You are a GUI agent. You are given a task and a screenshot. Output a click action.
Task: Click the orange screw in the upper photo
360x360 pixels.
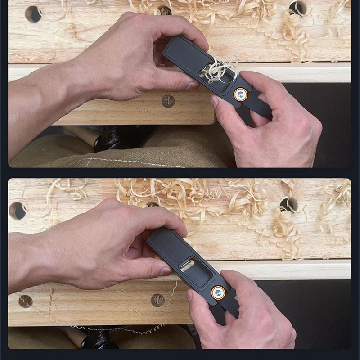click(x=240, y=94)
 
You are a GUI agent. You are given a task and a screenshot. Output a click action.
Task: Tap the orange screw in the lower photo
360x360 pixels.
click(x=218, y=292)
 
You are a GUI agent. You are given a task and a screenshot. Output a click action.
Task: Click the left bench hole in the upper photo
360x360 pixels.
click(x=33, y=14)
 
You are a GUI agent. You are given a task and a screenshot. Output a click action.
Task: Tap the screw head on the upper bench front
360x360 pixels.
click(x=168, y=101)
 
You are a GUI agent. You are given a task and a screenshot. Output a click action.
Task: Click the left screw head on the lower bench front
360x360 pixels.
click(x=25, y=301)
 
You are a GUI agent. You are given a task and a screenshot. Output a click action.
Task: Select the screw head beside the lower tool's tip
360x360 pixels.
click(x=157, y=300)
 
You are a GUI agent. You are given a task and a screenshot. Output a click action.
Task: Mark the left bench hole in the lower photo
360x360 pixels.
click(x=17, y=210)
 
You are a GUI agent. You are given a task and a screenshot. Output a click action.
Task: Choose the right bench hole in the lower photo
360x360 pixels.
click(x=288, y=204)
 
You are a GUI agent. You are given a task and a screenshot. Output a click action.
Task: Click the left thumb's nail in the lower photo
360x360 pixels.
click(x=166, y=271)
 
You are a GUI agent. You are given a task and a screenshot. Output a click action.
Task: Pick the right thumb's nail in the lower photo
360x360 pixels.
click(x=190, y=295)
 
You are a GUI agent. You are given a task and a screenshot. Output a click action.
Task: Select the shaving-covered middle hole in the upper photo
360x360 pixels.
click(x=164, y=10)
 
